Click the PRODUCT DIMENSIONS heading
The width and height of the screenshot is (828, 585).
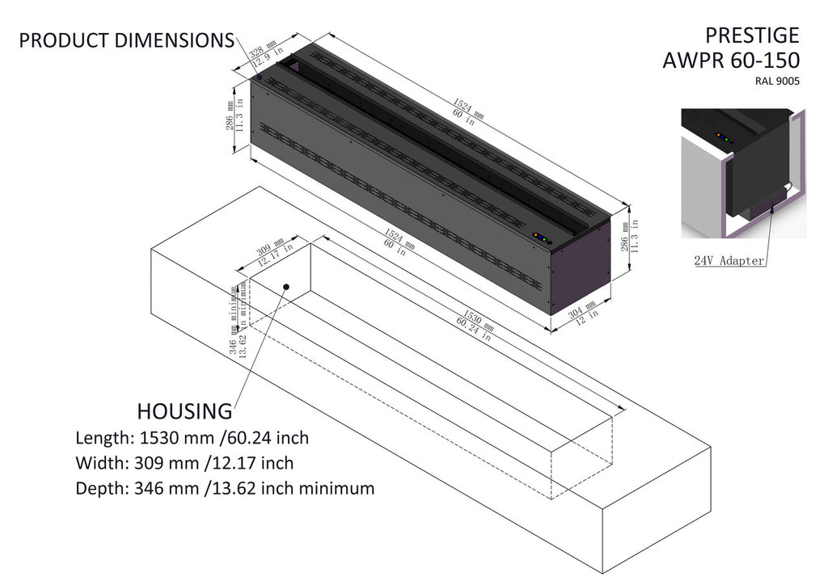click(127, 40)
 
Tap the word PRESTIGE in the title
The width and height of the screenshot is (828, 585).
click(752, 35)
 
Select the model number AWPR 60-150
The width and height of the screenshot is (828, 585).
click(731, 60)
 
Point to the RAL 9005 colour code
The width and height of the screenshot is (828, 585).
click(777, 80)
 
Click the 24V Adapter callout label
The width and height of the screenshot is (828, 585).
click(729, 261)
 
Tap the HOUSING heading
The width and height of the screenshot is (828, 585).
click(184, 411)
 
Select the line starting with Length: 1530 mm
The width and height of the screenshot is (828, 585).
click(192, 438)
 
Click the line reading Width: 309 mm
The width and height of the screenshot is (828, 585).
click(184, 463)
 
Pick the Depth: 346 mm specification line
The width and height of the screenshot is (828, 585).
click(225, 488)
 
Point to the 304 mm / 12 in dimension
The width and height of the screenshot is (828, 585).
click(581, 315)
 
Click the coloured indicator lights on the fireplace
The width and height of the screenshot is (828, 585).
click(541, 238)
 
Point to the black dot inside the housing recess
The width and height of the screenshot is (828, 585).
click(287, 287)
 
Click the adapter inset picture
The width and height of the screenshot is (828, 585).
click(743, 173)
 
